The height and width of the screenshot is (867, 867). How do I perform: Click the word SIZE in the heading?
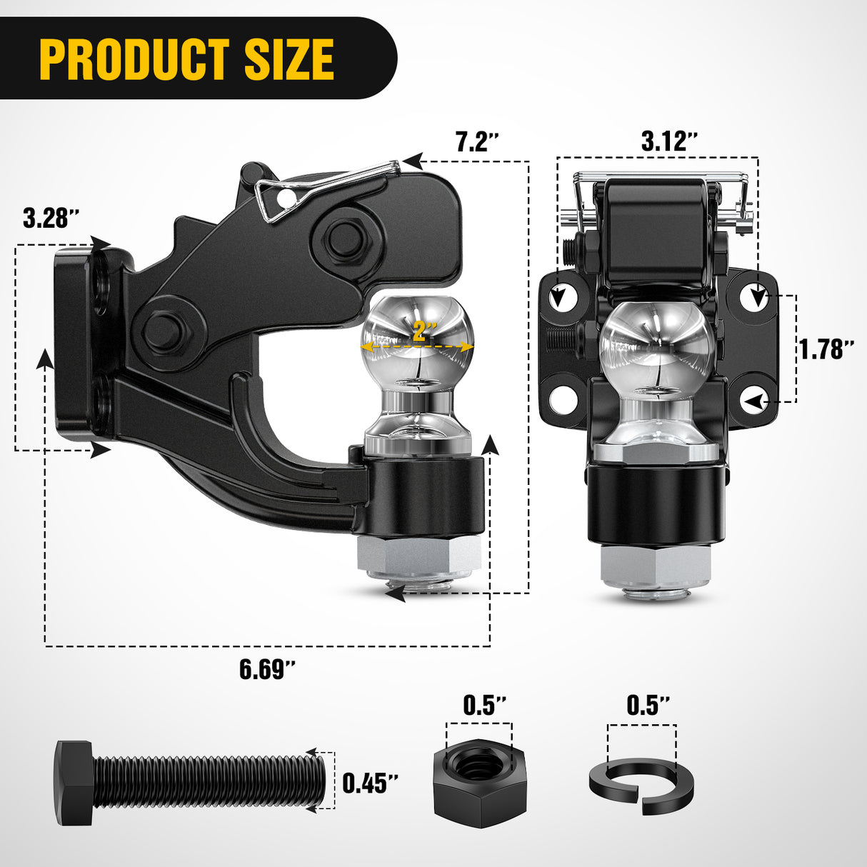[289, 60]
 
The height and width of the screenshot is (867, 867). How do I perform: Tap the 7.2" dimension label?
[476, 141]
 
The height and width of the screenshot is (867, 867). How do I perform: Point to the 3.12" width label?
[669, 141]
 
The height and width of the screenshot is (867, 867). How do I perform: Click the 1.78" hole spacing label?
[826, 349]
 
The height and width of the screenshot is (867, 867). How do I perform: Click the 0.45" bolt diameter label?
[370, 783]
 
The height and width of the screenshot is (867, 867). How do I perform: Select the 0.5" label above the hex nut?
[485, 706]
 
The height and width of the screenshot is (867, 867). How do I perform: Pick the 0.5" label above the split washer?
[648, 706]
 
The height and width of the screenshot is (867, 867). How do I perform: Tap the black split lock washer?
[641, 785]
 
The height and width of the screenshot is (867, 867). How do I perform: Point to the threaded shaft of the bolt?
[207, 783]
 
